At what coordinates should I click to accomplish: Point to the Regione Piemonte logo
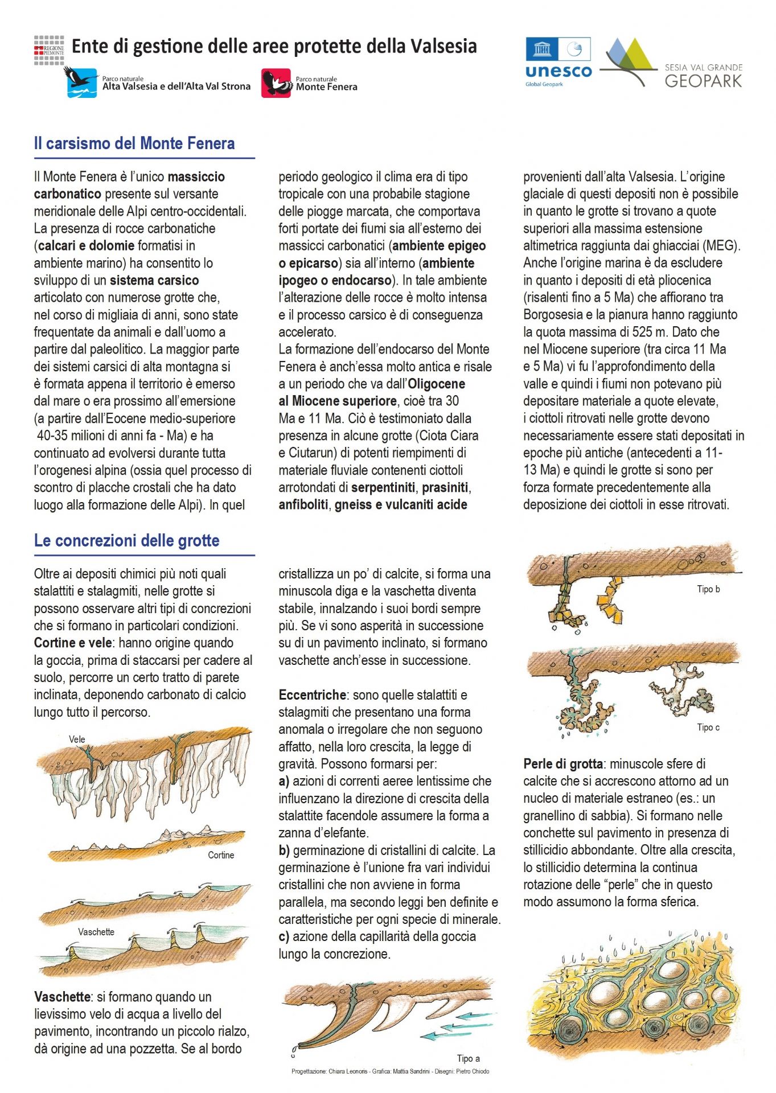coord(49,50)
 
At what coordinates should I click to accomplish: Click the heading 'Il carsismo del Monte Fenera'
coord(134,143)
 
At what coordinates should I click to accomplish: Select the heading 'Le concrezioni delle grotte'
coord(126,540)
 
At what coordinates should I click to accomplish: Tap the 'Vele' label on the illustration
coord(77,739)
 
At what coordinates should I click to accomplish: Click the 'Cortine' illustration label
coord(221,855)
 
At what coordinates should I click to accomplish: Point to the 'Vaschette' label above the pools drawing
coord(96,932)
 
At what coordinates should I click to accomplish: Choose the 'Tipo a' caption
coord(468,1058)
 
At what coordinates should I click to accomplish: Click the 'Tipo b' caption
coord(708,589)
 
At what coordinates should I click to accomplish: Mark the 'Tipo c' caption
coord(708,728)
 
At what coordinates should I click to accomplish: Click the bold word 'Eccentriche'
coord(312,695)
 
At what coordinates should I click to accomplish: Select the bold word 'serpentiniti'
coord(383,488)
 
